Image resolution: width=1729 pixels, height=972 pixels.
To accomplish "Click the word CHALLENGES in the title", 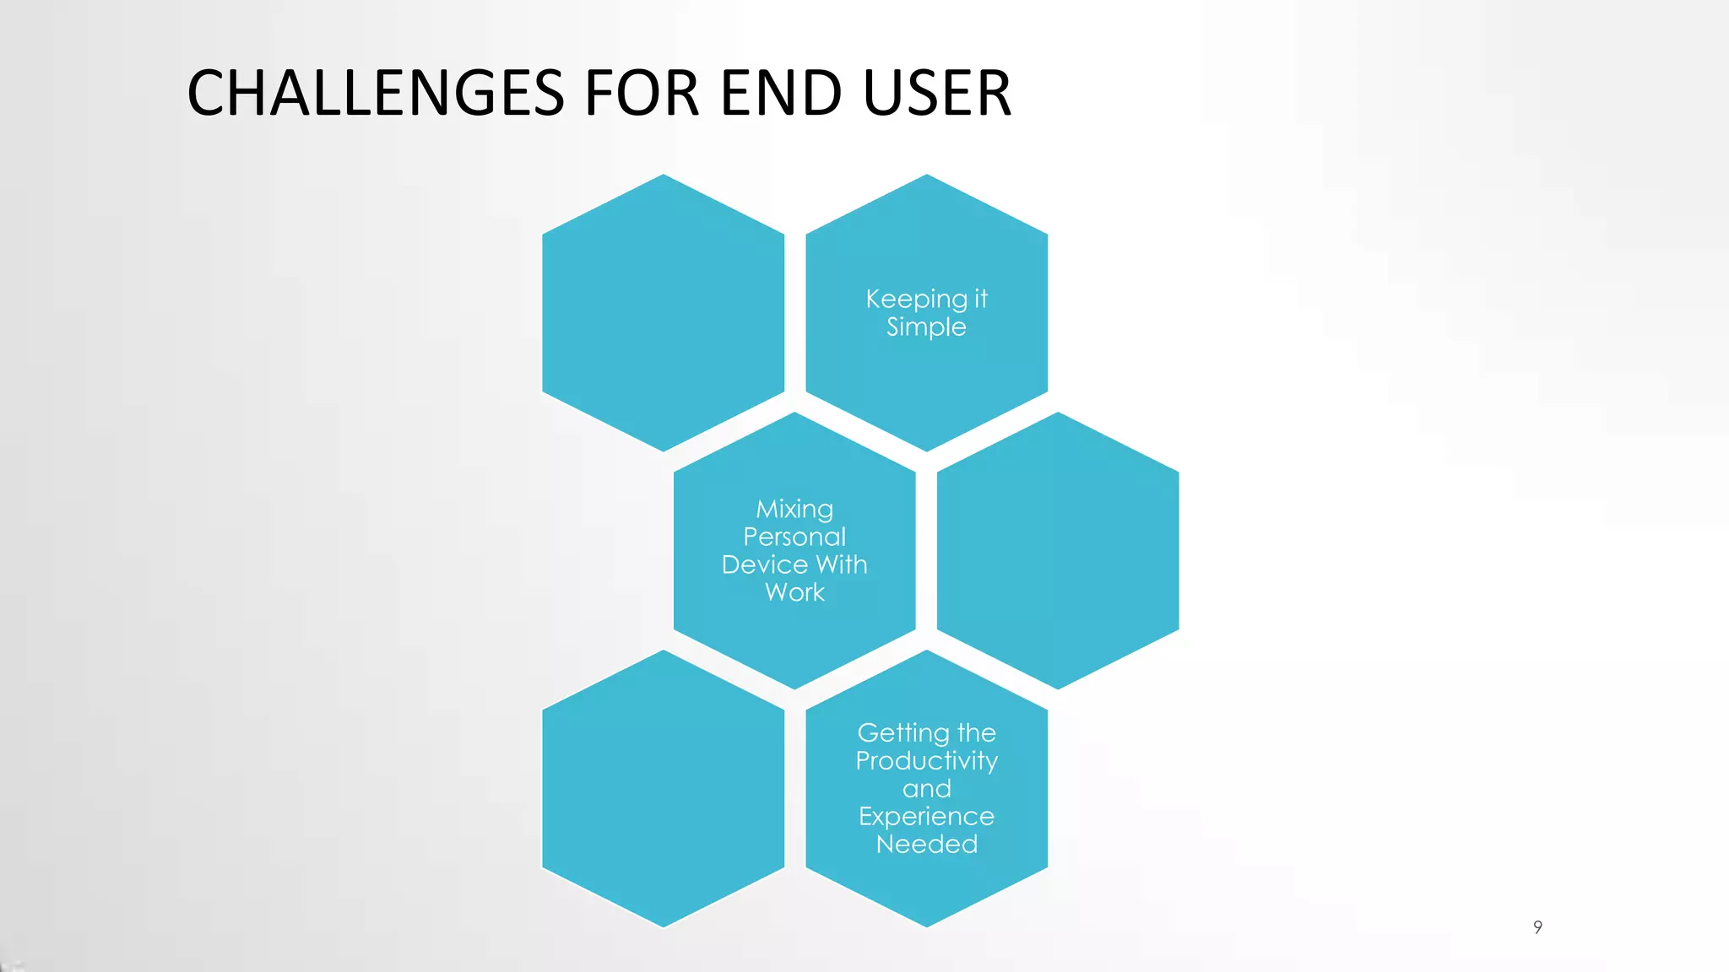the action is (x=375, y=93).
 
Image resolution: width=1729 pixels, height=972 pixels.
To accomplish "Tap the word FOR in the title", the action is (x=642, y=93).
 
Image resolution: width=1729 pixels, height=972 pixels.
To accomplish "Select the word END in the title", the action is (x=781, y=93).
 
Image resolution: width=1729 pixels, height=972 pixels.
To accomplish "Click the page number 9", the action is (x=1537, y=927).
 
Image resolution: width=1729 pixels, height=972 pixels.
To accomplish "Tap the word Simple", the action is (x=926, y=327).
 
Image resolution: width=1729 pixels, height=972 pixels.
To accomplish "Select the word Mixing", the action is (x=794, y=510).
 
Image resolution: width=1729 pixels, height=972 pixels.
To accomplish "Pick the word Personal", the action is (x=794, y=537).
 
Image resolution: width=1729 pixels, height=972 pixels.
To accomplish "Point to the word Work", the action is (x=794, y=592).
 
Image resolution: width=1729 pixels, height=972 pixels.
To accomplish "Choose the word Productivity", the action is (x=926, y=761).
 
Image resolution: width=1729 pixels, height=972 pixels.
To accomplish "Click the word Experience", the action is (x=926, y=817).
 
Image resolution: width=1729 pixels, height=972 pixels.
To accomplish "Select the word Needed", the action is (x=926, y=845).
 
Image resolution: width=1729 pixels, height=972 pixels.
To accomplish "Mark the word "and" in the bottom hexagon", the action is (x=926, y=789).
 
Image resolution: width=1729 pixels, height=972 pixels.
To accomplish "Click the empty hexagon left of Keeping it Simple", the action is (x=664, y=312).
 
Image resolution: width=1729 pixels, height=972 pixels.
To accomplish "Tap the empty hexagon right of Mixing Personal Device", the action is (x=1058, y=550).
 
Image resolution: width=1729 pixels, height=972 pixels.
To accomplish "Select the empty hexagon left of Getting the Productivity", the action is (x=664, y=788).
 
